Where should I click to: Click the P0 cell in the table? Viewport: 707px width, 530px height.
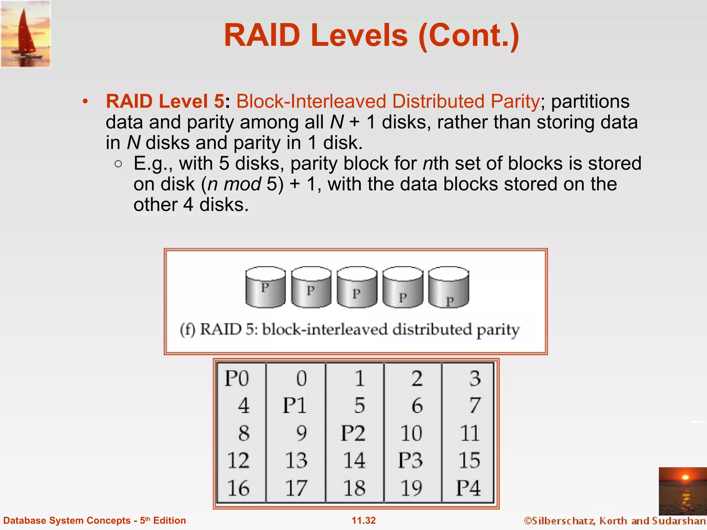coord(237,378)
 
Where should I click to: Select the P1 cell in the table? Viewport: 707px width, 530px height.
coord(294,405)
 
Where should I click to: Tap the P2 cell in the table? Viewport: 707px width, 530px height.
coord(353,433)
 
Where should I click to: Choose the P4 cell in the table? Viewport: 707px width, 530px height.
coord(468,488)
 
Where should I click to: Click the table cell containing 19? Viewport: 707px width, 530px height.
coord(411,488)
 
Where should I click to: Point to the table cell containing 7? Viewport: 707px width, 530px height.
coord(475,405)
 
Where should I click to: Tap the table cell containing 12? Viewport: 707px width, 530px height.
coord(238,460)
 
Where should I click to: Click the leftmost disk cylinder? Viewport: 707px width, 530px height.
coord(265,287)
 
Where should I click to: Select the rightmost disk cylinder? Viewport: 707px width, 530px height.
coord(448,287)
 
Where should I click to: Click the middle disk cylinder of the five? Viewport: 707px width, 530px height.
coord(357,287)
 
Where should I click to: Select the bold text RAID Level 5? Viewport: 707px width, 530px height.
coord(165,101)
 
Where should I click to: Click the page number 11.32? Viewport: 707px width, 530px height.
coord(364,520)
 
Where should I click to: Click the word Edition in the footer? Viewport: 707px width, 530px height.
coord(170,520)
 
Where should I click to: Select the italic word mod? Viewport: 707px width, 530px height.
coord(242,184)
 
